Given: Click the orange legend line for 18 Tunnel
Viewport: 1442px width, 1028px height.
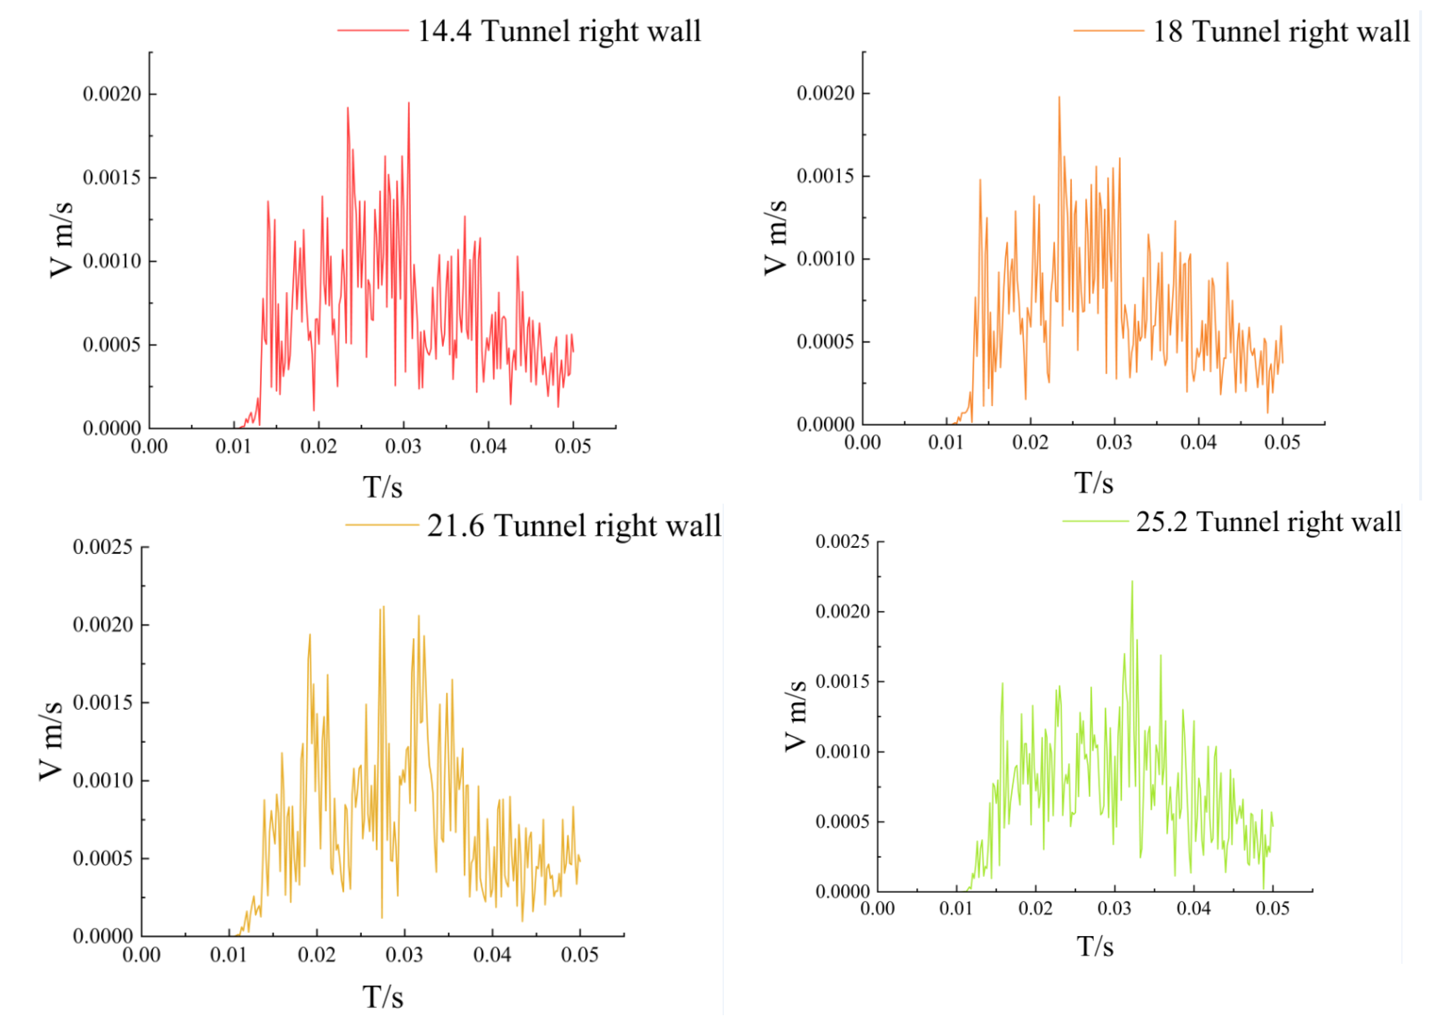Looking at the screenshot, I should [x=1109, y=30].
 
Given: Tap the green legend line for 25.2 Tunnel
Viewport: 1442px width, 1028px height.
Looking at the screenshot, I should [x=1096, y=521].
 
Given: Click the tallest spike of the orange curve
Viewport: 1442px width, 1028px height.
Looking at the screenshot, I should [x=1059, y=98].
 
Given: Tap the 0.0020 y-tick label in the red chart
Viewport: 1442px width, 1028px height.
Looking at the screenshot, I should [x=112, y=94].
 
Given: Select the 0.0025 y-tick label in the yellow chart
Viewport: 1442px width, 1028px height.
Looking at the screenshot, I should [x=103, y=547].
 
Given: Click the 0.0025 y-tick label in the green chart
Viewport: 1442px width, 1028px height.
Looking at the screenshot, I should [x=842, y=542].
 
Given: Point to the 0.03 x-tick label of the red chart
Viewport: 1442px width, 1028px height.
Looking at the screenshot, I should [x=403, y=447].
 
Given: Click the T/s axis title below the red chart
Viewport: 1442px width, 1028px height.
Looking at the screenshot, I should [x=382, y=487].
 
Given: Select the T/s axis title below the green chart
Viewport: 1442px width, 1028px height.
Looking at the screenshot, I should [x=1095, y=947].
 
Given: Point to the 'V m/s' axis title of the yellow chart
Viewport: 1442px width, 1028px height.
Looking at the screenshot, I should [x=51, y=741].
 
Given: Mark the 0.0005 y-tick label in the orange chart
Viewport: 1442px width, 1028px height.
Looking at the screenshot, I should [x=825, y=342].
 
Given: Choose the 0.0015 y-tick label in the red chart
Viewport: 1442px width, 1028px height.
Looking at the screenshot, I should [x=112, y=178].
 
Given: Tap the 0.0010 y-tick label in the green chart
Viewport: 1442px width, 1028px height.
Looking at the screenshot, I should [x=842, y=752].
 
